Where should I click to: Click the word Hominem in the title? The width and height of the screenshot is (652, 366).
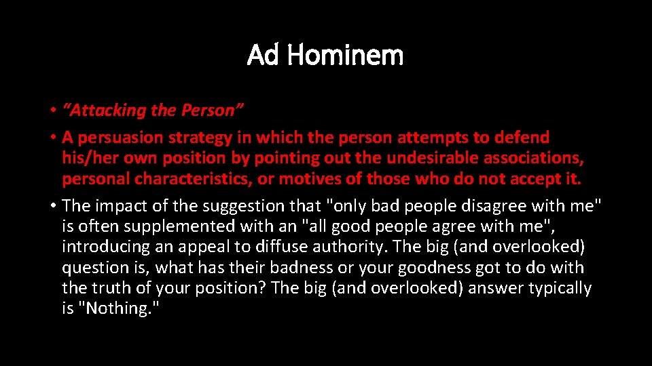tap(345, 55)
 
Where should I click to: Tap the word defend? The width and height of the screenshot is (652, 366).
tap(522, 138)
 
